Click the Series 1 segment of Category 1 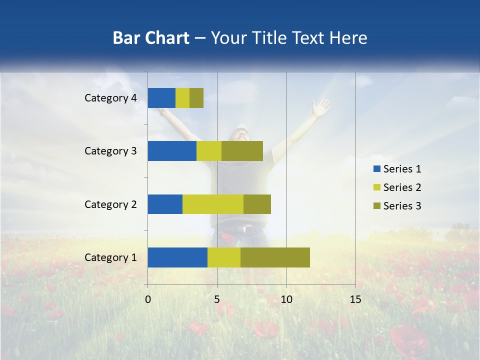coord(177,257)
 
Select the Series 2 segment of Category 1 coord(224,257)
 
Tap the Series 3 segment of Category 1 coord(275,257)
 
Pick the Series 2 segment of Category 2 coord(213,204)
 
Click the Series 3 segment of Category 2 coord(257,204)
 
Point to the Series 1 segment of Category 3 coord(172,151)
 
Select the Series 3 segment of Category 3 coord(242,151)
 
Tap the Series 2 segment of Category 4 coord(182,98)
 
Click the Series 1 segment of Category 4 coord(161,98)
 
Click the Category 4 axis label coord(110,98)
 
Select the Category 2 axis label coord(110,204)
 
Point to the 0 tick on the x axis coord(148,299)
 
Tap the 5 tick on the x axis coord(217,299)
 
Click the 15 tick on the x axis coord(355,299)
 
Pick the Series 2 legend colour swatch coord(376,187)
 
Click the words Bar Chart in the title coord(151,38)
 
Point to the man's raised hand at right coord(320,106)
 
